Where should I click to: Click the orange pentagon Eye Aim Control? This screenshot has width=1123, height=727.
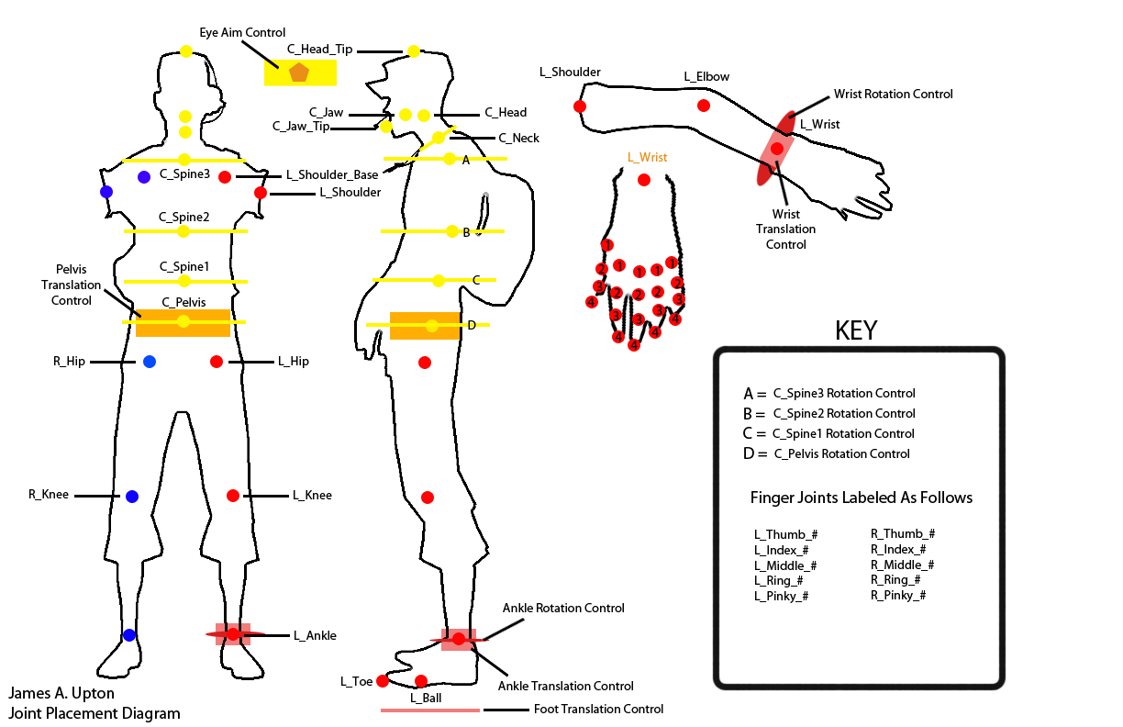pos(299,73)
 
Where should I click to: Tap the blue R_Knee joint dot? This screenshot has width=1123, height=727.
pos(132,497)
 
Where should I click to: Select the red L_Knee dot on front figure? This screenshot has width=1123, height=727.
pos(233,496)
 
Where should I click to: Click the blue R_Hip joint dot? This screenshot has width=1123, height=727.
pos(150,362)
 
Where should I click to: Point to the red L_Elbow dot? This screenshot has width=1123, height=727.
pos(704,106)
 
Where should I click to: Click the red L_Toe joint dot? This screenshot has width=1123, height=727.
pos(383,681)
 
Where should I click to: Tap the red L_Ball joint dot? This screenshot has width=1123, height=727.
pos(421,681)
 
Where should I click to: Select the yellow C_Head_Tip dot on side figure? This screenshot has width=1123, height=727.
pos(414,50)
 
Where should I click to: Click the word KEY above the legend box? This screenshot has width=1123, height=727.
pos(855,331)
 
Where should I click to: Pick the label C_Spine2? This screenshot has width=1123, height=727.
pos(184,218)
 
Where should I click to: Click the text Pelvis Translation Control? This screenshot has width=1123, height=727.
pos(72,285)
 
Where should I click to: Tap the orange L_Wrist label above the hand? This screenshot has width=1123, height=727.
pos(647,158)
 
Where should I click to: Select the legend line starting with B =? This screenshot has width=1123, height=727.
pos(829,413)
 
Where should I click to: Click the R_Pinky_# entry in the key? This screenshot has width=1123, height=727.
pos(898,596)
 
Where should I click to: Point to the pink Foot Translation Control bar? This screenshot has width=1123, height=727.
pos(429,710)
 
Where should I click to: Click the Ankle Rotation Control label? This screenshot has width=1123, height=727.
pos(563,609)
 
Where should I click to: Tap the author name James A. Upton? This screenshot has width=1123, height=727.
pos(62,694)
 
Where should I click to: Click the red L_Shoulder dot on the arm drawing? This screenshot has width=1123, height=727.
pos(580,106)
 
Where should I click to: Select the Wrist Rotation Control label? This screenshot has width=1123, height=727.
pos(893,95)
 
